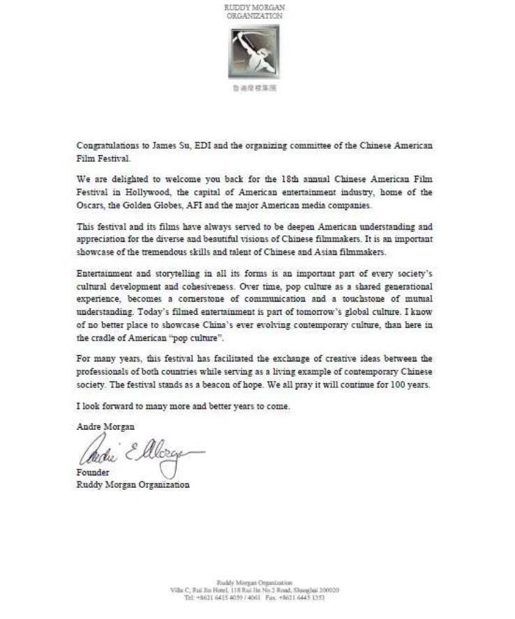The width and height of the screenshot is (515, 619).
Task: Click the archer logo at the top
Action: pyautogui.click(x=254, y=52)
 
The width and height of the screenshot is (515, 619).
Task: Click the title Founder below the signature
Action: pyautogui.click(x=91, y=472)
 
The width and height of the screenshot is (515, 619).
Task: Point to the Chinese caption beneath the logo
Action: pyautogui.click(x=254, y=89)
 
